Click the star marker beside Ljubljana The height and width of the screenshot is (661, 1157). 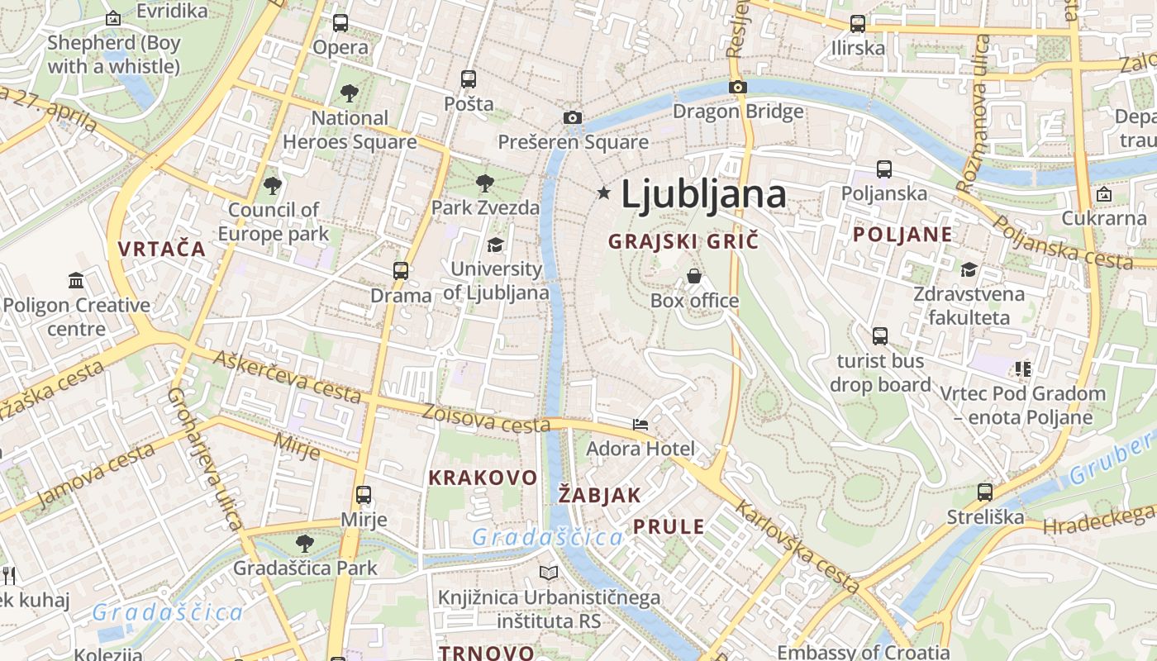[x=604, y=193]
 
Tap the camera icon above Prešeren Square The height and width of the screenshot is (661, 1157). [x=572, y=118]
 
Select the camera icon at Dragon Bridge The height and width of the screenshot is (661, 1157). [x=738, y=87]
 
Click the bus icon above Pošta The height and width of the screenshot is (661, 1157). [x=469, y=79]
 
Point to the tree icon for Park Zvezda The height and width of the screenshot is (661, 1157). [x=485, y=183]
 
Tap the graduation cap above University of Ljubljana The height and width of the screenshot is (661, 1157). [x=495, y=245]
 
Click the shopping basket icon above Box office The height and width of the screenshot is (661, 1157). [x=694, y=276]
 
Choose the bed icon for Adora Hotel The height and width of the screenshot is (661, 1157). [x=640, y=425]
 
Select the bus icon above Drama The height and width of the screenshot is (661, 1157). [x=401, y=271]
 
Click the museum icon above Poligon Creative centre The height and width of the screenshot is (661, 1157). [x=76, y=281]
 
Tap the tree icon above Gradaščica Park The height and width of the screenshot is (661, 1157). [x=305, y=544]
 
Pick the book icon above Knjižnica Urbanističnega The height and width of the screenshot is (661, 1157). [x=549, y=573]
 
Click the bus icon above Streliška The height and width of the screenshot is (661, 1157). [x=984, y=492]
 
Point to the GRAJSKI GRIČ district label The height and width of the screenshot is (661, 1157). [x=683, y=242]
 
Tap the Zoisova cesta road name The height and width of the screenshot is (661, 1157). [x=486, y=418]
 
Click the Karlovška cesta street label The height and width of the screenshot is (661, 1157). [x=798, y=546]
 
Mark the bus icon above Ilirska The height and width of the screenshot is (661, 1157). [x=858, y=24]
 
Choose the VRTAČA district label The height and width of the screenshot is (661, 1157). [x=161, y=249]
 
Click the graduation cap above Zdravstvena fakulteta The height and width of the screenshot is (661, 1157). [x=969, y=269]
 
